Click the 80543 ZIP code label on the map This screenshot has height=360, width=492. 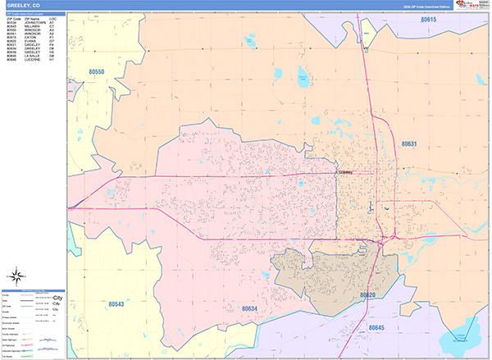pyautogui.click(x=115, y=304)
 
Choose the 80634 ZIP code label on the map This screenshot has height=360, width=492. pyautogui.click(x=249, y=308)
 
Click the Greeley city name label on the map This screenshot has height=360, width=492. pyautogui.click(x=344, y=173)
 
